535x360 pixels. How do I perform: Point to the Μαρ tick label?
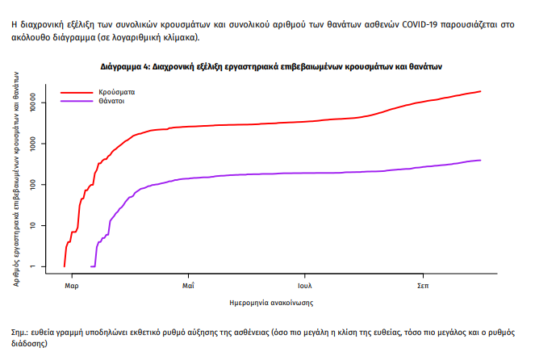[71, 286]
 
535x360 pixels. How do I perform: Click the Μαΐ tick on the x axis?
[188, 286]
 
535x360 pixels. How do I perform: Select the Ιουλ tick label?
[305, 286]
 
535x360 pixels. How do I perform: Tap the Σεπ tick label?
[422, 286]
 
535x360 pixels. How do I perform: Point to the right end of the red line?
[480, 91]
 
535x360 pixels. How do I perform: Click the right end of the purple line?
[480, 160]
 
